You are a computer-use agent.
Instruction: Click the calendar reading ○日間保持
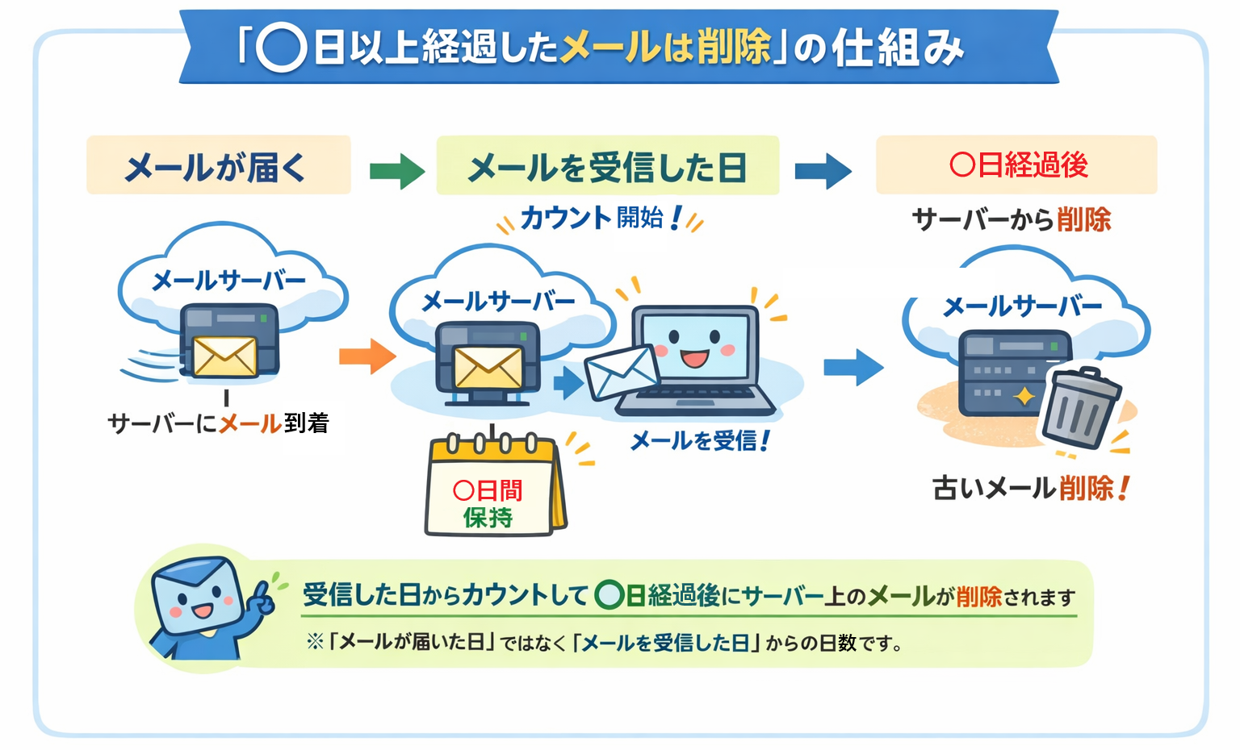point(491,488)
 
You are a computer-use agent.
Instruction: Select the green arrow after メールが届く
point(397,170)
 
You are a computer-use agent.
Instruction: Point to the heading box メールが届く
point(218,165)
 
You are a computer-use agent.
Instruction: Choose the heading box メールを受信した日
point(607,166)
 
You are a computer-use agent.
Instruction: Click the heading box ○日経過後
point(1016,165)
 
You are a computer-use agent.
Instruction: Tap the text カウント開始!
point(601,218)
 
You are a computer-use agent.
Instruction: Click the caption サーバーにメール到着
point(219,423)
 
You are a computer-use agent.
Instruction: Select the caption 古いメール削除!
point(1030,488)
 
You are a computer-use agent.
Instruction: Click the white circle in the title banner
point(281,47)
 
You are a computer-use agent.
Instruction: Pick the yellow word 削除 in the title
point(734,47)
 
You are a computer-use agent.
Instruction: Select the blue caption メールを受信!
point(699,440)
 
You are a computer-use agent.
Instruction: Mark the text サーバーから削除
point(1011,219)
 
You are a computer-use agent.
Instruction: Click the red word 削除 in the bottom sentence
point(978,597)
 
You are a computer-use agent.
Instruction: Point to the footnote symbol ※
point(315,642)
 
